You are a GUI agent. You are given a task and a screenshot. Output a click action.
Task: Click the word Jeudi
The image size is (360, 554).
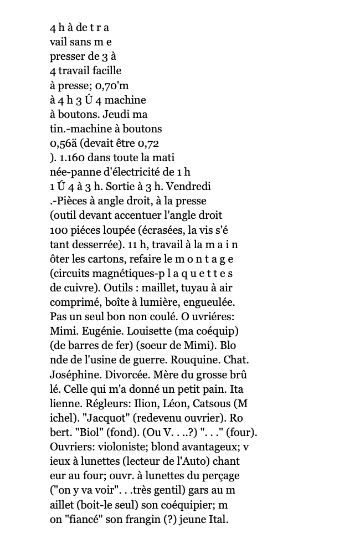click(118, 114)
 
